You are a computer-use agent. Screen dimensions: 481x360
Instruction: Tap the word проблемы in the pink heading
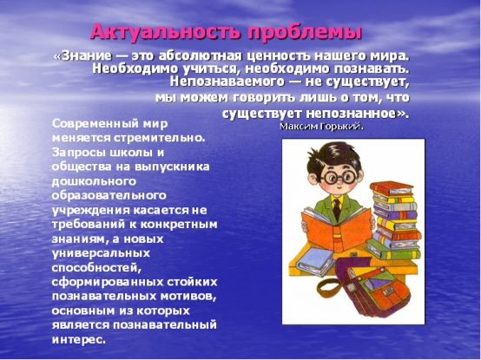tap(305, 32)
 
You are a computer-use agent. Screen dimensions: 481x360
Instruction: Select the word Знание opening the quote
tap(87, 56)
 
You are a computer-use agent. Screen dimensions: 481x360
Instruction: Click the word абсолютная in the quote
tap(201, 56)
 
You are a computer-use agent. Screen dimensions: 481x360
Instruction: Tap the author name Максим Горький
tap(321, 127)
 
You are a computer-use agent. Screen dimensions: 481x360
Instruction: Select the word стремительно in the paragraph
tap(159, 138)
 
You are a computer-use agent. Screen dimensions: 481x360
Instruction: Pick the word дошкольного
tap(94, 181)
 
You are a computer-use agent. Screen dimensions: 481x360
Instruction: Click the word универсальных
tap(101, 253)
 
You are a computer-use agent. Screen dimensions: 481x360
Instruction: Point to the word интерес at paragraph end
tap(78, 339)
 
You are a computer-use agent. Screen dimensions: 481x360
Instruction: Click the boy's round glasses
tap(339, 177)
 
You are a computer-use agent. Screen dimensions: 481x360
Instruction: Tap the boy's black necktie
tap(337, 209)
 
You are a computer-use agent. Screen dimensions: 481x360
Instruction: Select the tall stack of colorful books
tap(395, 220)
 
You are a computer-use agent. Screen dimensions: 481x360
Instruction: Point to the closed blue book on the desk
tap(312, 261)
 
